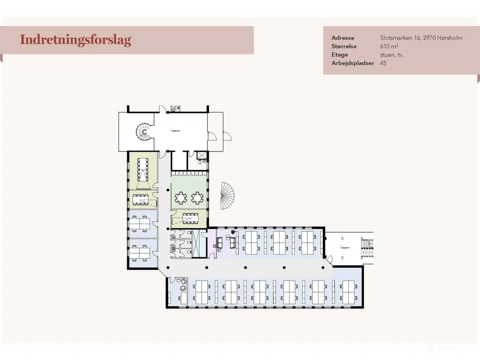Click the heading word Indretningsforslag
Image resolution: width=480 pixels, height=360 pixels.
(x=75, y=40)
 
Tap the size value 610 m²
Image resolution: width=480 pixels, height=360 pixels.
(x=389, y=46)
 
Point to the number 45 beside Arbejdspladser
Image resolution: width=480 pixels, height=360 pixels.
(x=383, y=63)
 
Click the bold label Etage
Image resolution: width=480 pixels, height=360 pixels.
(x=339, y=55)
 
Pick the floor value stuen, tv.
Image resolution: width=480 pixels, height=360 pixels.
(x=391, y=55)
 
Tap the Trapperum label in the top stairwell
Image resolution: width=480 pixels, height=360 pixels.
(x=175, y=130)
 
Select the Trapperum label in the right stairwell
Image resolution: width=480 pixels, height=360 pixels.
(x=345, y=247)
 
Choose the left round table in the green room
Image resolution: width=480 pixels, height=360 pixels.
(x=181, y=198)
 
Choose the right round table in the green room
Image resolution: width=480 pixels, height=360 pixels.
(x=197, y=198)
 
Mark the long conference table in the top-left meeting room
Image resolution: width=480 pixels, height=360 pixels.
(x=143, y=168)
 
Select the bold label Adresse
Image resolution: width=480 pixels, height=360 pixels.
(x=342, y=38)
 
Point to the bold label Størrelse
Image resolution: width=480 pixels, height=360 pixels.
(x=343, y=46)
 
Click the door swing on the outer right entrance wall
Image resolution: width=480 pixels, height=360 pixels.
(x=226, y=136)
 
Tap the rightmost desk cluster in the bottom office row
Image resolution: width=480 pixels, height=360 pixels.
(x=348, y=292)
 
